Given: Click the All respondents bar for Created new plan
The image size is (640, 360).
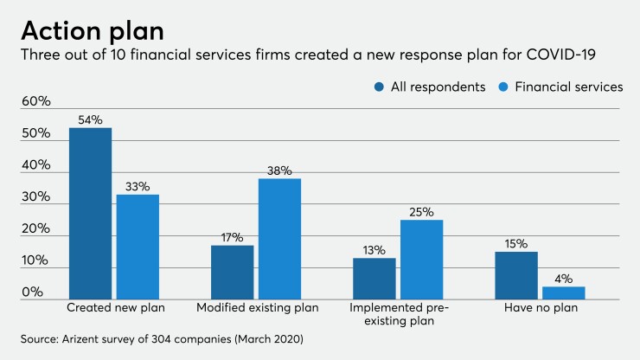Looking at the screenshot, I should pos(91,214).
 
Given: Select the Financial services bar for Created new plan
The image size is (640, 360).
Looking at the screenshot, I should pos(138,247).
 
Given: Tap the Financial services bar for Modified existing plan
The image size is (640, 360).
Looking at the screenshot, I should pos(279,239).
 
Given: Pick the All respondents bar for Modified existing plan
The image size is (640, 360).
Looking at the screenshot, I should pos(233,273).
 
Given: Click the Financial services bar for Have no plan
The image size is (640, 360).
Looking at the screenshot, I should pos(563,293).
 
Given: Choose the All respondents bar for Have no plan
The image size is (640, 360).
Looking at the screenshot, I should pos(516,275).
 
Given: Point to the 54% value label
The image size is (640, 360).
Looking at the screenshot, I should pos(91,119).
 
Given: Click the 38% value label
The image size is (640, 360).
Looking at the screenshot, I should pos(279,170).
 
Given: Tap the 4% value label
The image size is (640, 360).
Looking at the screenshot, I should pos(564,278).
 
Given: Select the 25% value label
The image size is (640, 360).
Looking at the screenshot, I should pos(421,211).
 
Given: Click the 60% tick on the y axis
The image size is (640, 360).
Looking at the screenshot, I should pos(36,102).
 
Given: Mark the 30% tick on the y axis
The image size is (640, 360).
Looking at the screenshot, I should pos(36,197).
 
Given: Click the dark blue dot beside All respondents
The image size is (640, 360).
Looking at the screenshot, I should pos(380,87).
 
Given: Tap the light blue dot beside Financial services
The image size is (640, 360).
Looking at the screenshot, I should pos(505,87).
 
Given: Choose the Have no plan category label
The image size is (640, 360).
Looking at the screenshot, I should pos(540,308).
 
